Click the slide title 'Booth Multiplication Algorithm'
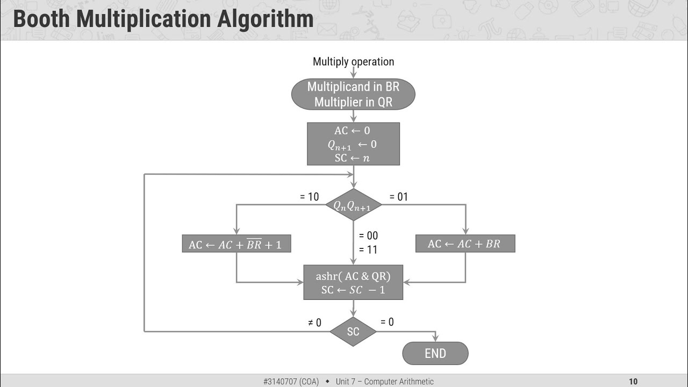pos(163,19)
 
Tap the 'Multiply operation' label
pos(353,62)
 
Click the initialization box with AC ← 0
pos(353,144)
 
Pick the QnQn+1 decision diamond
pos(353,205)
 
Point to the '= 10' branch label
pos(310,197)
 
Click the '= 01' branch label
pos(398,197)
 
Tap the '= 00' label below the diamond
pos(368,235)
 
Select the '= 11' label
pos(368,249)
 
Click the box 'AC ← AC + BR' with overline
pos(236,244)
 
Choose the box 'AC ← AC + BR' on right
pos(465,244)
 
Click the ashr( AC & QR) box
pos(353,283)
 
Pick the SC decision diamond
pos(353,332)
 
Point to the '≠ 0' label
pos(314,322)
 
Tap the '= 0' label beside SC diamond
pos(387,322)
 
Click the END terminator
pos(435,353)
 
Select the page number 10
pos(633,382)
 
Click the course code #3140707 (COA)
pos(291,382)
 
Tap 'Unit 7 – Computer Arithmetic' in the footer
pos(384,382)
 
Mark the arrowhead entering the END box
pos(435,339)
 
